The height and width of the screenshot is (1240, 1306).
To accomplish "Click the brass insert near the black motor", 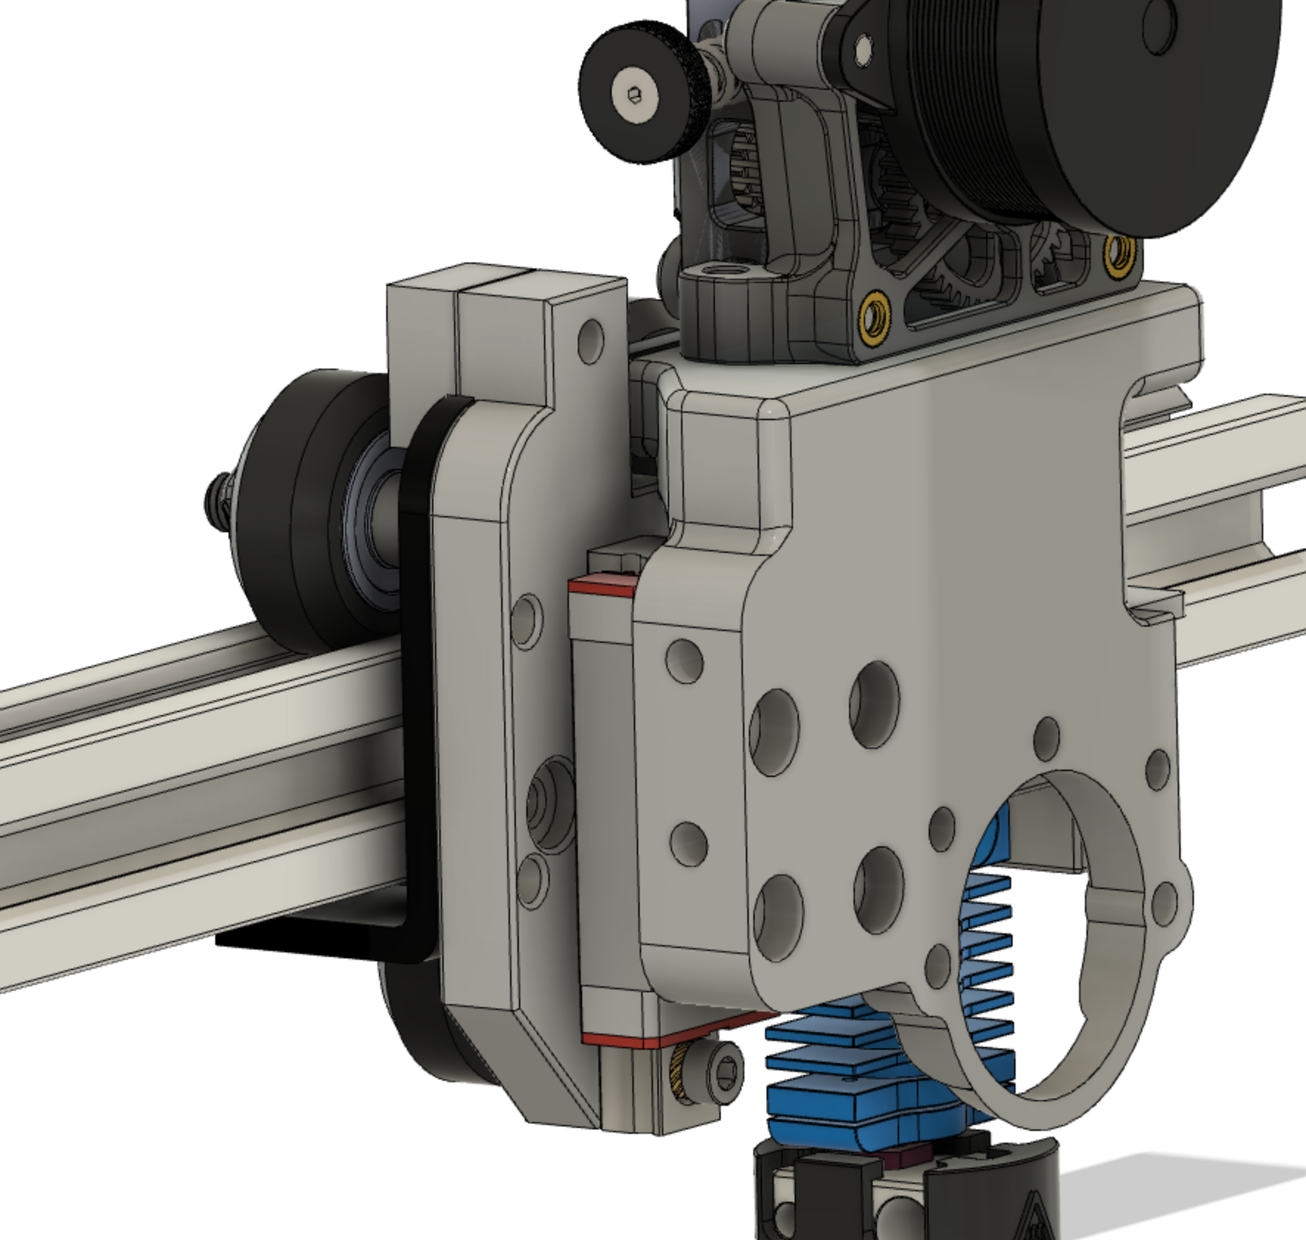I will point(1120,254).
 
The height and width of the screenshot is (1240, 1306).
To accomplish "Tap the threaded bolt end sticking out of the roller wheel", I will point(215,498).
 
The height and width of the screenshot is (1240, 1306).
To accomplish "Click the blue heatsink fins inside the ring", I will point(988,929).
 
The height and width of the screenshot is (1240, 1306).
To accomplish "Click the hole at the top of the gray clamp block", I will point(590,340).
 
